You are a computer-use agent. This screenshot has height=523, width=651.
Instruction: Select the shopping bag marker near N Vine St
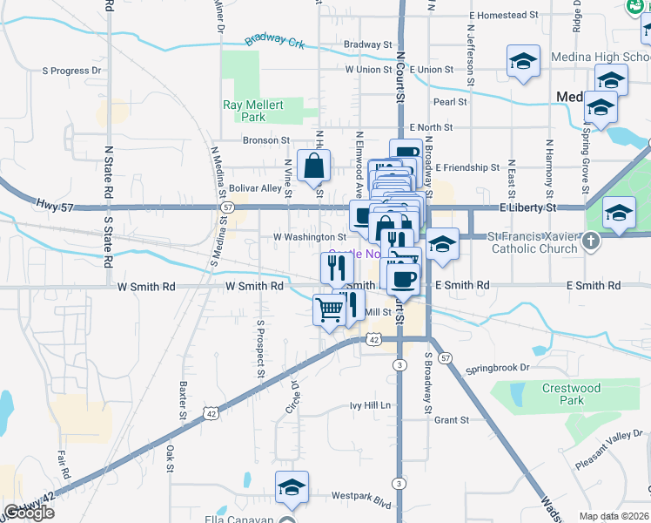[x=313, y=165]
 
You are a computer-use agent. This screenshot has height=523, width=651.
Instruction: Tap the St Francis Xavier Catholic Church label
[x=533, y=242]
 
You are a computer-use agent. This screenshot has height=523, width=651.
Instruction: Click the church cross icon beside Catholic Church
[x=592, y=241]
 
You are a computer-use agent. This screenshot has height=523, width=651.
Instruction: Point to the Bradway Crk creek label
[x=274, y=39]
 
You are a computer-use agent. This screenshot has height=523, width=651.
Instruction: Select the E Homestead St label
[x=509, y=16]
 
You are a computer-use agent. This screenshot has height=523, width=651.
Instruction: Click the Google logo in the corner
[x=28, y=513]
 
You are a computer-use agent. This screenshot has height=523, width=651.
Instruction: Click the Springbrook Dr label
[x=497, y=368]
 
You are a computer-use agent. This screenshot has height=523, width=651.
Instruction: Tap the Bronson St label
[x=265, y=139]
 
